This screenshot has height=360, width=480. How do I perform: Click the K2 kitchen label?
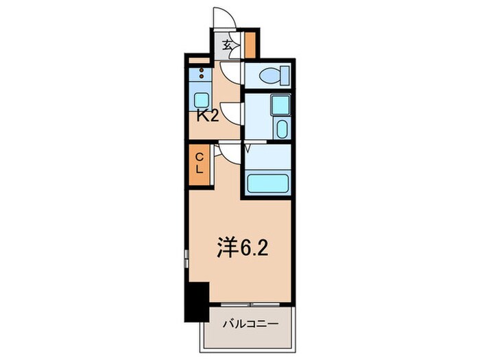click(208, 116)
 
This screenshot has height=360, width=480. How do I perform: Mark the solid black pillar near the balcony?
click(197, 302)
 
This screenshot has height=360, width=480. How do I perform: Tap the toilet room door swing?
click(232, 72)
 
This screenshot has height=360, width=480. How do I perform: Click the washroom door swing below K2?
click(232, 113)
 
